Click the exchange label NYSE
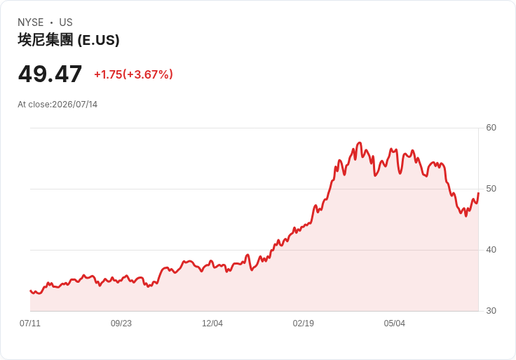[31, 22]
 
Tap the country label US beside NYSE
[66, 22]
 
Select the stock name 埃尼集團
[46, 40]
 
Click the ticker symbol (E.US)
[98, 40]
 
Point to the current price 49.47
[50, 74]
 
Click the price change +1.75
[108, 74]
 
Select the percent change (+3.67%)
[148, 74]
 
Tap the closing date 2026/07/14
[75, 105]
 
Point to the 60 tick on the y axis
[491, 128]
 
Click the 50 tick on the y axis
[491, 189]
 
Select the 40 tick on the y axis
[491, 250]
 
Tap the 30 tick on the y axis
[491, 311]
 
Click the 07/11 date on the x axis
[30, 324]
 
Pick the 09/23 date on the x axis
[121, 324]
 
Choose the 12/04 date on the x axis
[212, 324]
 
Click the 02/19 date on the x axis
[304, 324]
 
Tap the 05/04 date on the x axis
[394, 324]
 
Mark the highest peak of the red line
[360, 142]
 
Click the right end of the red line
[478, 193]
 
